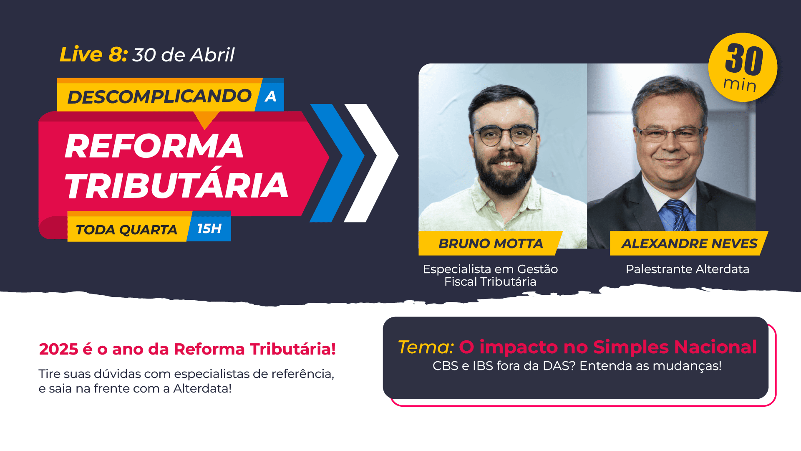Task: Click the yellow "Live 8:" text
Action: tap(93, 55)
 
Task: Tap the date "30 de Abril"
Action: tap(184, 55)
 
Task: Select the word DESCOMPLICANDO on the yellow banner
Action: tap(159, 96)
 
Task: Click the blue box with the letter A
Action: tap(270, 96)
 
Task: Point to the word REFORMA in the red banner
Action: tap(154, 146)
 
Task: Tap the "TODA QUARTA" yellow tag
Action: tap(126, 229)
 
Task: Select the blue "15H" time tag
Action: tap(209, 228)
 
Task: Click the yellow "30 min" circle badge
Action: tap(743, 67)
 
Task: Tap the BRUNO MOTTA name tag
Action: tap(491, 243)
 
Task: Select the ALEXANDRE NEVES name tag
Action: tap(689, 243)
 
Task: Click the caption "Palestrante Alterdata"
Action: tap(688, 269)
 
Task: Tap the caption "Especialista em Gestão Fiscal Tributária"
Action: tap(491, 275)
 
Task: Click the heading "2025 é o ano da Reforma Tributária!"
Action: tap(187, 349)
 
